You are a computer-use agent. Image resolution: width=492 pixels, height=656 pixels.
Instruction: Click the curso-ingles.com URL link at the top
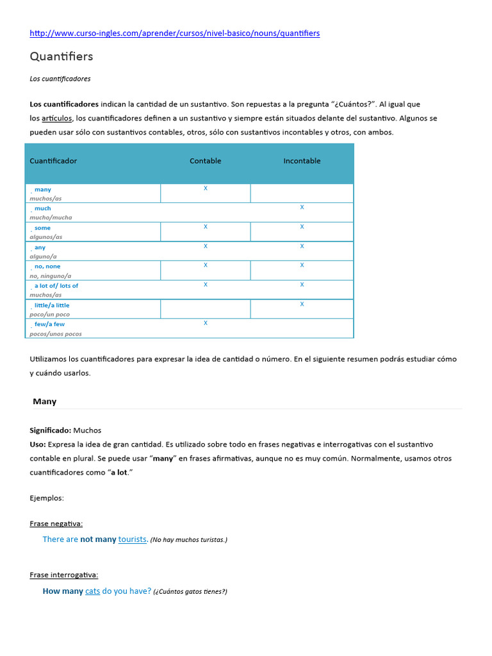175,33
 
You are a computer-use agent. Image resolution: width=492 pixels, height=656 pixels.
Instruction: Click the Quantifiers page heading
61,56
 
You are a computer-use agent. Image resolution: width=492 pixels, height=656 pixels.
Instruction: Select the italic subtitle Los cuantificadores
60,79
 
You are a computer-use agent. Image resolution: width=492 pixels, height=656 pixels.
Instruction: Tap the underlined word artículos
57,118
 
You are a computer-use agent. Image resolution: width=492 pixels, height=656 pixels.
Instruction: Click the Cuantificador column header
53,161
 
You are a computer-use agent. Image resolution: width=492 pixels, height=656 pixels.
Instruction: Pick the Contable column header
206,161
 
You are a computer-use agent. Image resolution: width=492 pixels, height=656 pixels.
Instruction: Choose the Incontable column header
302,161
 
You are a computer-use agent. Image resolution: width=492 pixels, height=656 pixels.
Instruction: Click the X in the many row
206,188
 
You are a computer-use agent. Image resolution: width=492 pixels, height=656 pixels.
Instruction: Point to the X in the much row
302,208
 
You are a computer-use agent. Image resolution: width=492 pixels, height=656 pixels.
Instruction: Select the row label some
42,228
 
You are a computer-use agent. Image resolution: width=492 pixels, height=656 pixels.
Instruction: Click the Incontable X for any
302,246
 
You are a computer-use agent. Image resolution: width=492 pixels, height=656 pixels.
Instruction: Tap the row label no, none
47,266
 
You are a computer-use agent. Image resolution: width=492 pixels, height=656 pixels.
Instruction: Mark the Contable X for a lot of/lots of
206,284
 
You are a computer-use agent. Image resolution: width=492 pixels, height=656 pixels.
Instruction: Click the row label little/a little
52,306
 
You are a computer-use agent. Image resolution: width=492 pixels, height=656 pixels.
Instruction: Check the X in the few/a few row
206,323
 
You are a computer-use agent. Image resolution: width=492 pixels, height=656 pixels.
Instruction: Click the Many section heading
45,402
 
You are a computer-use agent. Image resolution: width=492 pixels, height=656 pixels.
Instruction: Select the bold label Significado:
51,430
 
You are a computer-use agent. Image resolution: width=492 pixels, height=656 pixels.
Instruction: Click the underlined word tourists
133,539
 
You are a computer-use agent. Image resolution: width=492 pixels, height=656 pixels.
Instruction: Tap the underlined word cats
93,591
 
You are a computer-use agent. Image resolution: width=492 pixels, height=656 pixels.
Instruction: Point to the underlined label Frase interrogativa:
64,575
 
